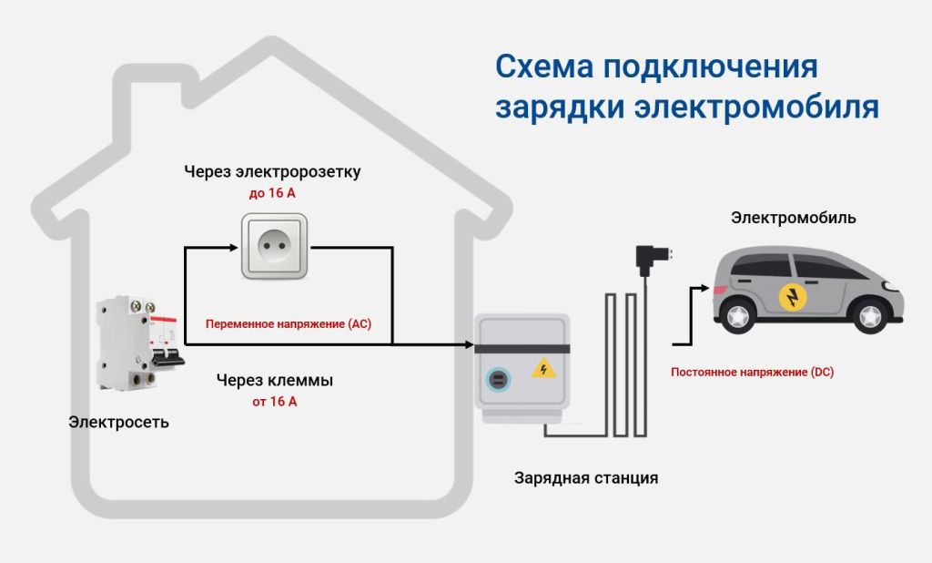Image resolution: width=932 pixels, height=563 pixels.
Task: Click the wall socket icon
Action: [274, 246]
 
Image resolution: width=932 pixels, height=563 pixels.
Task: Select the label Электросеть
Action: [119, 423]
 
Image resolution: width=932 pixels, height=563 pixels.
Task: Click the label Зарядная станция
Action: [585, 477]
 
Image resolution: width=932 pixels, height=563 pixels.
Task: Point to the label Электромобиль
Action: [794, 219]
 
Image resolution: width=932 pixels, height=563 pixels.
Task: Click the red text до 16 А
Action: [274, 193]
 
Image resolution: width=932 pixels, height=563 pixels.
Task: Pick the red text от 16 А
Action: [274, 402]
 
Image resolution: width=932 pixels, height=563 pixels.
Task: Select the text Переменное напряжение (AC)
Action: [289, 324]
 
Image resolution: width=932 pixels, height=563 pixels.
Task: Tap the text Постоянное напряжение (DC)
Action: [752, 372]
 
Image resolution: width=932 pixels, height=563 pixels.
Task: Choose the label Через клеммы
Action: [274, 380]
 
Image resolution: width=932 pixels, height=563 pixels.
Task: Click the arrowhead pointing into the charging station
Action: [469, 345]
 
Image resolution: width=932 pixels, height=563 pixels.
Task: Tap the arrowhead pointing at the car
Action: [704, 287]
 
